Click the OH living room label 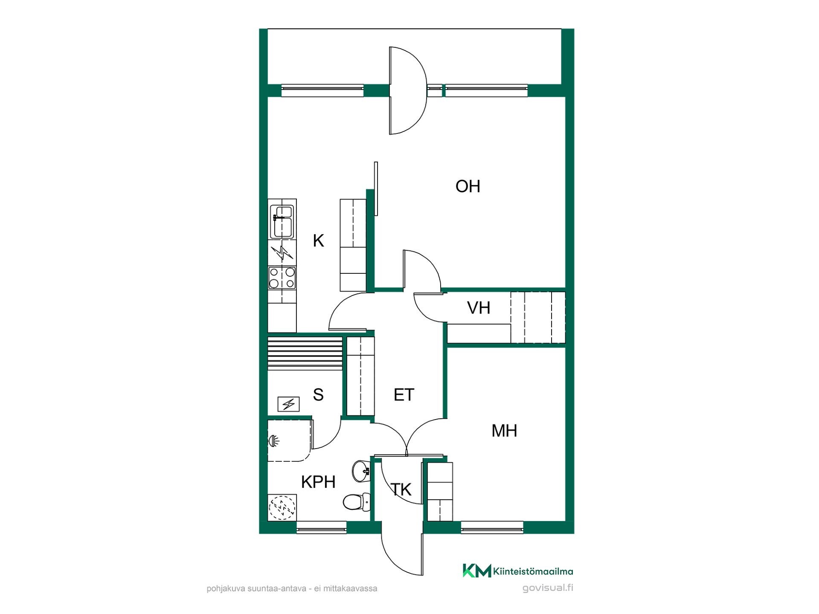pyautogui.click(x=468, y=186)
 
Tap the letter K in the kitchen pyautogui.click(x=318, y=241)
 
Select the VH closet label pyautogui.click(x=479, y=308)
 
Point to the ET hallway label pyautogui.click(x=404, y=395)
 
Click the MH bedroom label pyautogui.click(x=504, y=431)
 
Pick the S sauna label pyautogui.click(x=318, y=395)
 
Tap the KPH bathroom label pyautogui.click(x=318, y=482)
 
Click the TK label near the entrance pyautogui.click(x=401, y=490)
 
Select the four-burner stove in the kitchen pyautogui.click(x=282, y=278)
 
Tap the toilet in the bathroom pyautogui.click(x=357, y=502)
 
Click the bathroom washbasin pyautogui.click(x=361, y=471)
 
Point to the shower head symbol pyautogui.click(x=273, y=440)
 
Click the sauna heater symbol pyautogui.click(x=288, y=404)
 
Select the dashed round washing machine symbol pyautogui.click(x=282, y=507)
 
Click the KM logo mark pyautogui.click(x=477, y=571)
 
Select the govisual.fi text pyautogui.click(x=548, y=588)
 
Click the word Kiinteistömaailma pyautogui.click(x=533, y=571)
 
